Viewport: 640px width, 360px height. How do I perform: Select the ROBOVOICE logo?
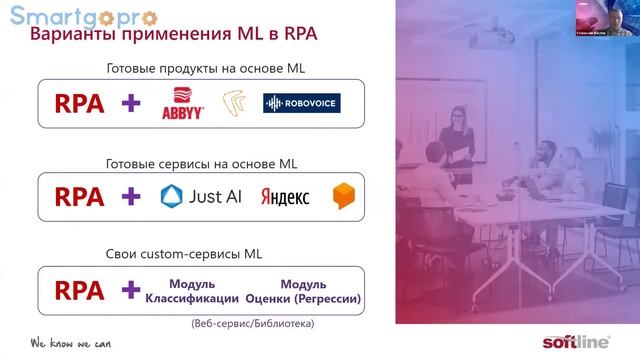click(302, 104)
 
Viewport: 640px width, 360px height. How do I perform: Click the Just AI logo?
click(201, 196)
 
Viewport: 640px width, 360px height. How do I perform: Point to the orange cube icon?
click(344, 195)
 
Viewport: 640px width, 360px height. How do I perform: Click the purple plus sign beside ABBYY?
click(131, 104)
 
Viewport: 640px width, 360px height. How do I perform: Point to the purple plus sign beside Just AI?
click(131, 196)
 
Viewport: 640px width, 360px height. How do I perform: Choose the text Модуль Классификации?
click(193, 291)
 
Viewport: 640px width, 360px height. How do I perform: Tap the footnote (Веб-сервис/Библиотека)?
click(251, 323)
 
